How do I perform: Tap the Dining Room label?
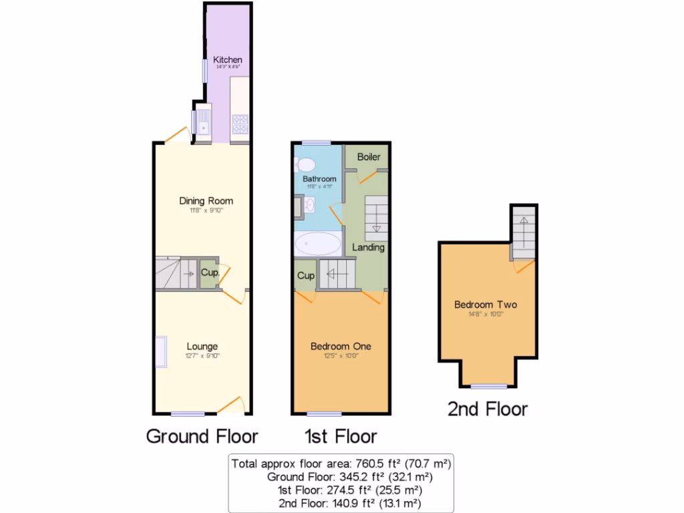[x=206, y=200]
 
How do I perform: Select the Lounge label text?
[x=202, y=346]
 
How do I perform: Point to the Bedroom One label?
[x=341, y=346]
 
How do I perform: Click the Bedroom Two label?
[x=485, y=305]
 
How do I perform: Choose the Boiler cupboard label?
[x=369, y=157]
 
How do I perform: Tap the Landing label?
[x=369, y=247]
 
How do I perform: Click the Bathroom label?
[x=319, y=180]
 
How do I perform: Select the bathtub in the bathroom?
[x=318, y=244]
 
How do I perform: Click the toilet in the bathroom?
[x=306, y=164]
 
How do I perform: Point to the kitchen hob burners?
[x=240, y=123]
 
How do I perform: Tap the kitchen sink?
[x=202, y=123]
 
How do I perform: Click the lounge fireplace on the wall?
[x=160, y=351]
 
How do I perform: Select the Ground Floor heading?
[x=202, y=437]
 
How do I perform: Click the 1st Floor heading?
[x=341, y=437]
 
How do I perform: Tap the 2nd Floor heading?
[x=488, y=409]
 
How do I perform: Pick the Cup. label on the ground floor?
[x=209, y=273]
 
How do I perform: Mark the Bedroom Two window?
[x=488, y=387]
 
